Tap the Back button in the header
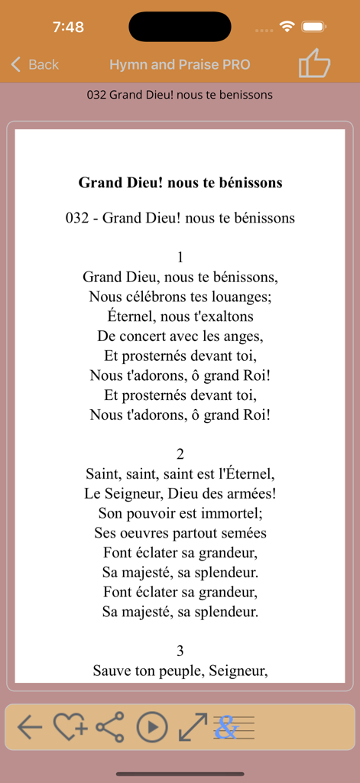click(34, 65)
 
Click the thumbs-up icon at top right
click(314, 63)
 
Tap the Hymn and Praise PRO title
click(180, 65)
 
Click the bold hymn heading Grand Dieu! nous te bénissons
click(180, 183)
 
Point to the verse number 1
click(180, 257)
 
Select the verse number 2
click(180, 454)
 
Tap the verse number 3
click(180, 651)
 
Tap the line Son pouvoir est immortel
click(180, 513)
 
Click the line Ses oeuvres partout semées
click(180, 533)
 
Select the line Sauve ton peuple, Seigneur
click(180, 671)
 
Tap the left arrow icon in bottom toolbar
click(30, 727)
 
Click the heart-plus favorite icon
click(70, 727)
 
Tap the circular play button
click(152, 727)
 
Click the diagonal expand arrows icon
click(193, 727)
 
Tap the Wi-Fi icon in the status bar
click(287, 27)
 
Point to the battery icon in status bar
click(314, 27)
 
